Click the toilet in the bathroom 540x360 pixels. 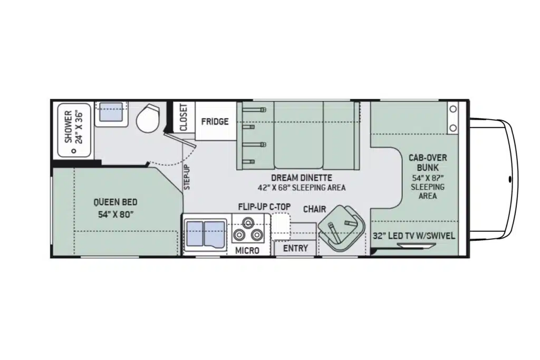(148, 118)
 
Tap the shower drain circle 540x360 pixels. (73, 150)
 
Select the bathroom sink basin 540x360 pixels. (111, 112)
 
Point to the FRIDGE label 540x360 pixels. (215, 121)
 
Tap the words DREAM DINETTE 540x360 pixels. (301, 178)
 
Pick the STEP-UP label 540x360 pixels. (187, 177)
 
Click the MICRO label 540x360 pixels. (247, 250)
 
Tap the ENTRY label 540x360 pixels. (295, 248)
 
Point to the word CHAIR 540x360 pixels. (314, 209)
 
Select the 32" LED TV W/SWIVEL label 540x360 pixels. (414, 236)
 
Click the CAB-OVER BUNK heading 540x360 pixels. (428, 163)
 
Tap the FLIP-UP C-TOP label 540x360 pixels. (265, 207)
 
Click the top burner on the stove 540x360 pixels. (247, 222)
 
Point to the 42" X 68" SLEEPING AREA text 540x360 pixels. (301, 188)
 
